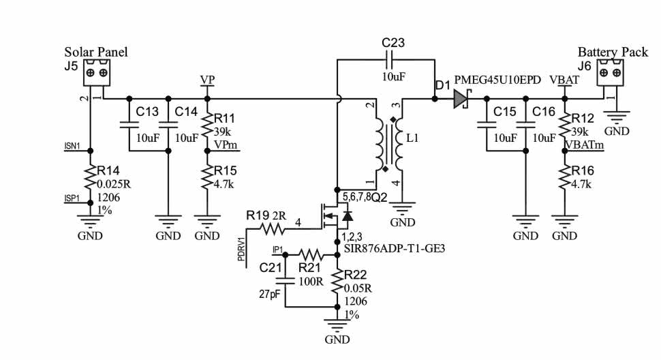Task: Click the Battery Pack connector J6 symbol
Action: coord(611,72)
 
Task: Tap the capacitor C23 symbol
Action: coord(386,59)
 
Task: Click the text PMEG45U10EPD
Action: coord(497,80)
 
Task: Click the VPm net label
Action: coord(226,145)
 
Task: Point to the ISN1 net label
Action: coord(72,146)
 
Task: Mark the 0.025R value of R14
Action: coord(113,183)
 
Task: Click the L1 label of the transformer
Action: coord(412,137)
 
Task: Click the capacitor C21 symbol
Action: coord(285,280)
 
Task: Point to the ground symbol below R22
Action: coord(337,326)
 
